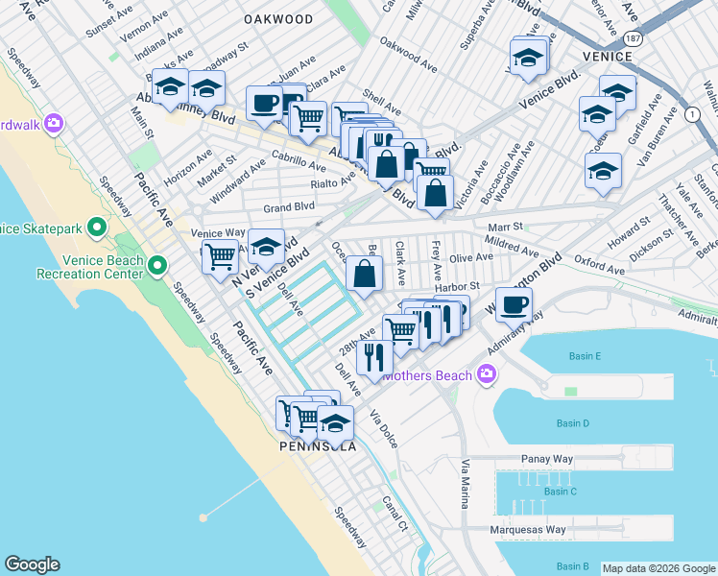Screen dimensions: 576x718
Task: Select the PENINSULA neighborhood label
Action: tap(317, 447)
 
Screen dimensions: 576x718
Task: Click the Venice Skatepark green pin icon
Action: tap(96, 228)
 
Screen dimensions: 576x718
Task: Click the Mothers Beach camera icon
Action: tap(488, 374)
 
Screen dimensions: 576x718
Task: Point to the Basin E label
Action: tap(584, 357)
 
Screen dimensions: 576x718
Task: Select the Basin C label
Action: tap(560, 492)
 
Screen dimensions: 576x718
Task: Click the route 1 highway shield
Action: tap(693, 114)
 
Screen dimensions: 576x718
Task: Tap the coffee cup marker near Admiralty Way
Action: tap(514, 304)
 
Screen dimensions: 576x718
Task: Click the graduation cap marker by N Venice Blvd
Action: tap(266, 246)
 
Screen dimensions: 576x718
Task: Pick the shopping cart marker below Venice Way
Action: tap(221, 257)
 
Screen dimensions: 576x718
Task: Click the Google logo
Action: tap(32, 564)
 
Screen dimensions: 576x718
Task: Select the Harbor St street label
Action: tap(457, 286)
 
